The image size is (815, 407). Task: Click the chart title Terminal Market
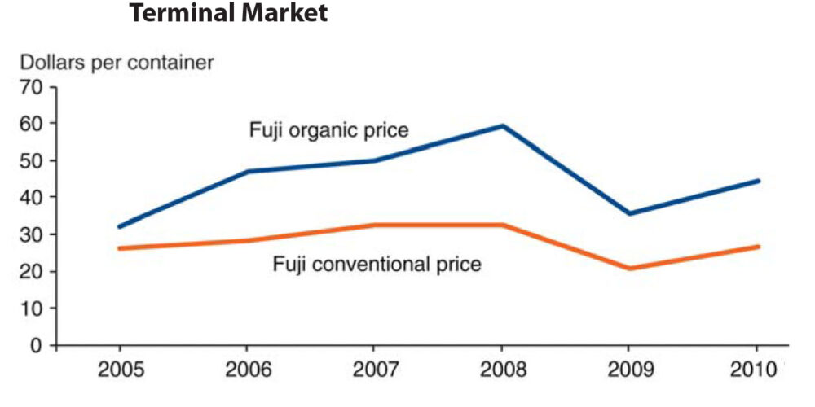[x=227, y=14]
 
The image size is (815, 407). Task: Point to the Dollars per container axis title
[x=117, y=62]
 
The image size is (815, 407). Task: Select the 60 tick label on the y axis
[x=32, y=124]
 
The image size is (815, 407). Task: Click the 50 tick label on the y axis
[x=32, y=160]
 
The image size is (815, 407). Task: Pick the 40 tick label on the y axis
[x=32, y=197]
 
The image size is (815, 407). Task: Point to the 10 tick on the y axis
[x=32, y=309]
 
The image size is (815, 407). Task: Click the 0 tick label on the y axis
[x=37, y=345]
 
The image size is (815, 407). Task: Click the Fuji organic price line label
[x=328, y=130]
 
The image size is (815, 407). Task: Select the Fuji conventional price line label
[x=377, y=264]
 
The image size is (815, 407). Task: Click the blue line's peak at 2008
[x=504, y=125]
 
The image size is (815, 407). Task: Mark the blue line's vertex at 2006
[x=248, y=172]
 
